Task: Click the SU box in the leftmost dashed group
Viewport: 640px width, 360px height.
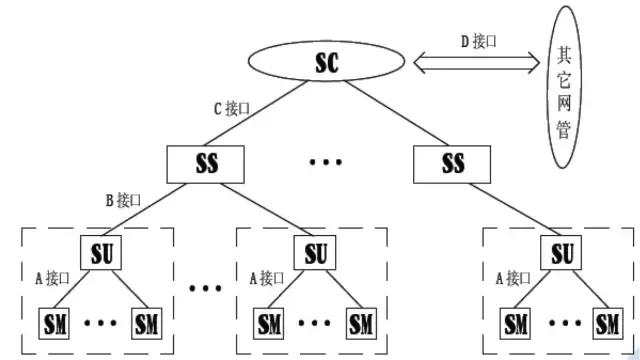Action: point(100,252)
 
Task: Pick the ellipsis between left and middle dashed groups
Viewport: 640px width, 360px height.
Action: point(205,290)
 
